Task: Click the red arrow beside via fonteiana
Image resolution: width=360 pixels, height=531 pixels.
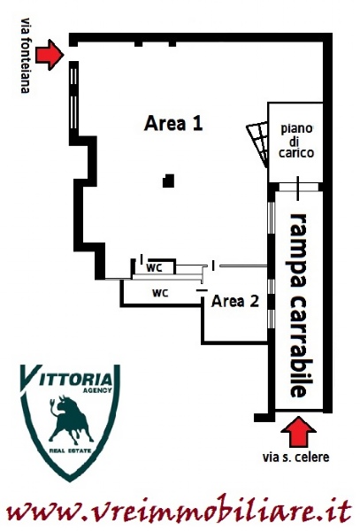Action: tap(50, 55)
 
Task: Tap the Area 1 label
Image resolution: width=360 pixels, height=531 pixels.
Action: tap(173, 123)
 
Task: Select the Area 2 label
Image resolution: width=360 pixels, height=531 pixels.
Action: tap(235, 301)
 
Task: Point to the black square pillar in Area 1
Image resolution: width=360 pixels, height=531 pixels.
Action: tap(168, 181)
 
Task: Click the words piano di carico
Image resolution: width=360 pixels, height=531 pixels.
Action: tap(296, 141)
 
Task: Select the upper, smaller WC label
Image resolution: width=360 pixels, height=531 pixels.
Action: tap(154, 268)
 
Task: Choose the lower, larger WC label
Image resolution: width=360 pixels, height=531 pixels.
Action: tap(160, 293)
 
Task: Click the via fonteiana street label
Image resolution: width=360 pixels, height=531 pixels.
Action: tap(26, 56)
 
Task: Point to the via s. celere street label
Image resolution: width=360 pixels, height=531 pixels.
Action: tap(295, 458)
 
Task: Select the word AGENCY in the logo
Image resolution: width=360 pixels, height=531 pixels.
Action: tap(97, 390)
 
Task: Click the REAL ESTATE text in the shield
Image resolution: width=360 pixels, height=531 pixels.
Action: tap(70, 450)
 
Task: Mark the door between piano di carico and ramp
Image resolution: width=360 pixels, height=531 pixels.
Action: tap(298, 188)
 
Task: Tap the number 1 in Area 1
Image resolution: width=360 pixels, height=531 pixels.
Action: tap(197, 123)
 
